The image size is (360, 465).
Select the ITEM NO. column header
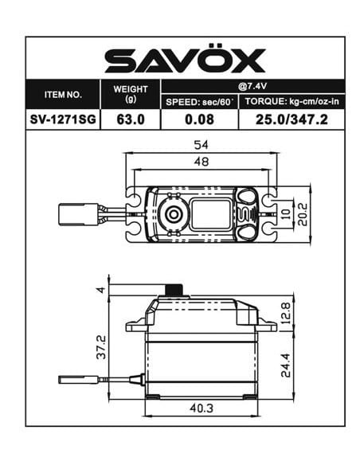(63, 94)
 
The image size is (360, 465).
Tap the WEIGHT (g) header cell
(131, 93)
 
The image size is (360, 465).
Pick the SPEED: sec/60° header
(199, 103)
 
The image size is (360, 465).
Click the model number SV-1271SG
(63, 119)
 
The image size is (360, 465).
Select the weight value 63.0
(131, 119)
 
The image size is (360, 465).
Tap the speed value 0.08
(199, 119)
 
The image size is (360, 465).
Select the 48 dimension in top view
(202, 162)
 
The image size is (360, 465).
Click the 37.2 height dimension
(100, 346)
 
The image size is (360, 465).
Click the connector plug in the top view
(77, 213)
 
